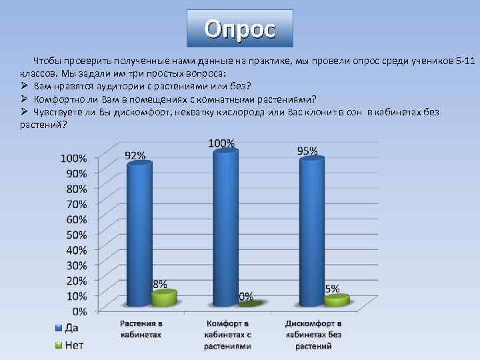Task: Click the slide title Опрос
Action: (x=239, y=29)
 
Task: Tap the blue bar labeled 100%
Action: (x=225, y=227)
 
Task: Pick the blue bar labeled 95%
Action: (x=312, y=230)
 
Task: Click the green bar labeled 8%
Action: (x=164, y=298)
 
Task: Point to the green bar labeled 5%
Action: (x=336, y=301)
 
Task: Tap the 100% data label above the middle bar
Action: (x=221, y=143)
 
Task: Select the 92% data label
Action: (x=135, y=155)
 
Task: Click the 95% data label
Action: (x=307, y=151)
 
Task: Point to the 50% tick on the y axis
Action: (x=74, y=235)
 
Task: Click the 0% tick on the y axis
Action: (x=79, y=311)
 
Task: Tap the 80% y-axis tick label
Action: (x=74, y=189)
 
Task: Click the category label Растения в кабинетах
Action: (x=141, y=328)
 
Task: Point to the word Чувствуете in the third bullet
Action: (x=57, y=112)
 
